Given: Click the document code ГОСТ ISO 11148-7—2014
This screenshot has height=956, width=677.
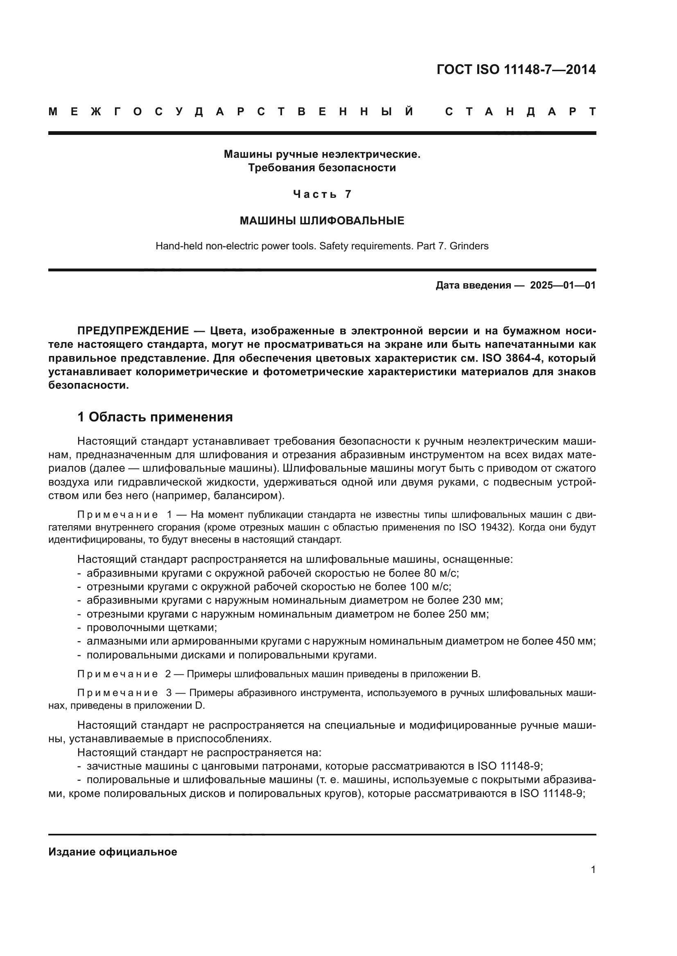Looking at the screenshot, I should point(516,69).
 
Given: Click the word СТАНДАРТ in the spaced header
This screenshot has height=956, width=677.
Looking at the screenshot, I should point(520,112).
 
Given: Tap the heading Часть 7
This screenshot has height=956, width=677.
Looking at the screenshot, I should point(322,194).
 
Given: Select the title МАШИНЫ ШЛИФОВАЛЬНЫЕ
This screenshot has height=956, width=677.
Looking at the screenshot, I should point(322,221).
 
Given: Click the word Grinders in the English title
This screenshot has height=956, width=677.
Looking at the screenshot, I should point(472,246).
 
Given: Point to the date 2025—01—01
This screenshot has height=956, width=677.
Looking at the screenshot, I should point(563,285).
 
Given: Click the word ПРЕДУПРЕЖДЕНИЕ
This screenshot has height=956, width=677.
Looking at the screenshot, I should point(133,331).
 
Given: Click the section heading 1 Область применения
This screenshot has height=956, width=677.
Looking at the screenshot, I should point(155,417).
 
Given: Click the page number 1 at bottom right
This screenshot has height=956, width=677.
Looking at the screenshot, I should point(593,869).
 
